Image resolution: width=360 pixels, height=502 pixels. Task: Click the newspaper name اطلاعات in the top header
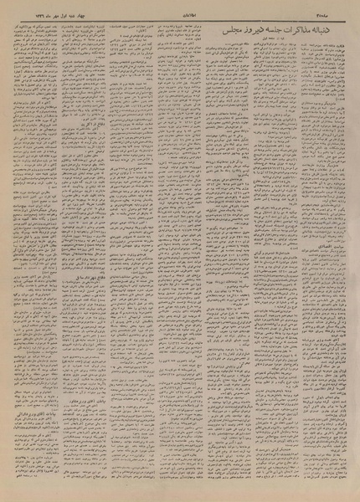point(180,10)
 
